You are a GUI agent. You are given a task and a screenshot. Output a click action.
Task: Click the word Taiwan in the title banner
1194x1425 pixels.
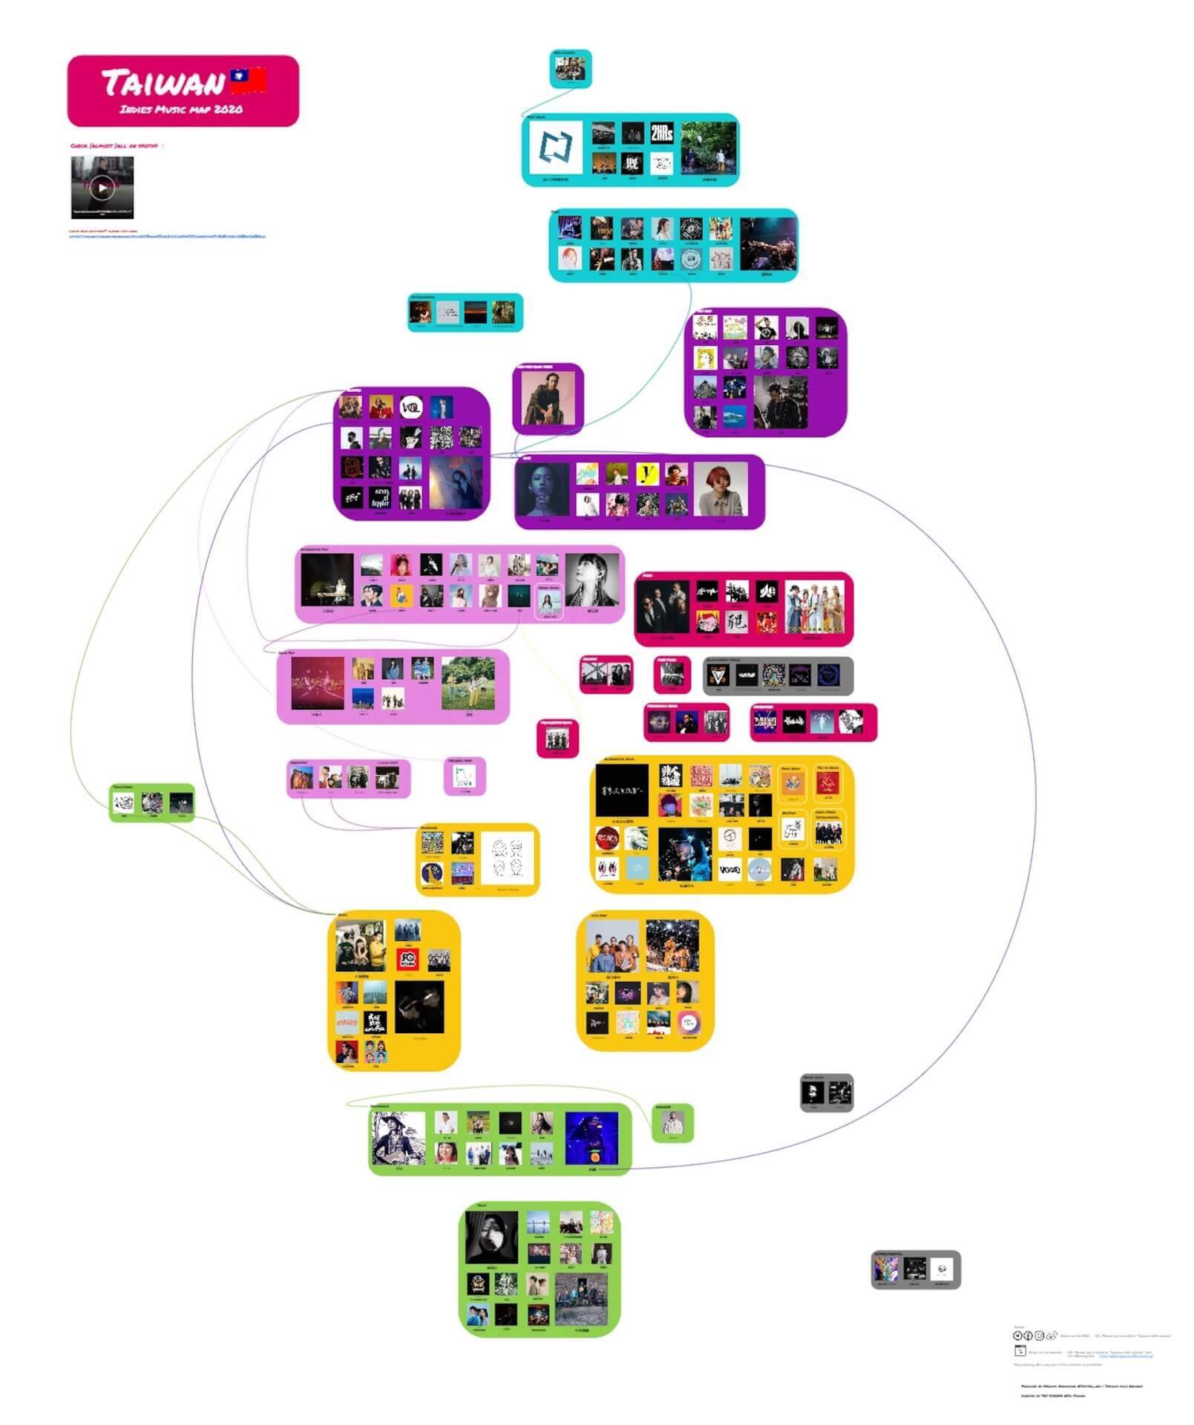pyautogui.click(x=163, y=82)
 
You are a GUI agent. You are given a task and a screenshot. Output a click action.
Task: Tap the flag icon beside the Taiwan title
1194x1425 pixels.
pyautogui.click(x=248, y=80)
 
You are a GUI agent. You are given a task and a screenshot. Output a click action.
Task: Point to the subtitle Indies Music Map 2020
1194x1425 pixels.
pyautogui.click(x=181, y=110)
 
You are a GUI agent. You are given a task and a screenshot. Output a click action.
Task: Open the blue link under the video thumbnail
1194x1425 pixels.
pyautogui.click(x=167, y=236)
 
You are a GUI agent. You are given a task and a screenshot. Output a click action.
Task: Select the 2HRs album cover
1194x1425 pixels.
pyautogui.click(x=661, y=134)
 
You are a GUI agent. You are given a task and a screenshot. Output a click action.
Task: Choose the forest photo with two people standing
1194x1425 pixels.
pyautogui.click(x=709, y=148)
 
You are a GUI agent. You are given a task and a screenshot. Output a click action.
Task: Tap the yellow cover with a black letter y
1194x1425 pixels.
pyautogui.click(x=647, y=474)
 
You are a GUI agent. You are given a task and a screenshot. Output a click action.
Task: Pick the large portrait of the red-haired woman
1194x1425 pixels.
pyautogui.click(x=721, y=489)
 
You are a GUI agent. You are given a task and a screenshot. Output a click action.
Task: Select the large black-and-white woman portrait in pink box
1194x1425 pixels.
pyautogui.click(x=591, y=580)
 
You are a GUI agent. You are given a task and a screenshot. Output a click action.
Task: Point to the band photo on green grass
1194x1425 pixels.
pyautogui.click(x=468, y=684)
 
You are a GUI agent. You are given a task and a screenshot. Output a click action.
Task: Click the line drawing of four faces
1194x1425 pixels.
pyautogui.click(x=508, y=858)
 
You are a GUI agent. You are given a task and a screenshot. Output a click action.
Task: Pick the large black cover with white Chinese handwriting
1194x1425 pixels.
pyautogui.click(x=623, y=790)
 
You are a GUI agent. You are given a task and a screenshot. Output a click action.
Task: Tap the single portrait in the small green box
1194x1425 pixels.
pyautogui.click(x=673, y=1121)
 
